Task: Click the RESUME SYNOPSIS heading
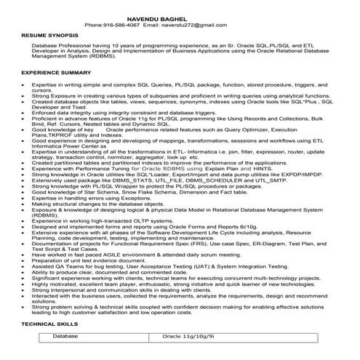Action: [x=49, y=34]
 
